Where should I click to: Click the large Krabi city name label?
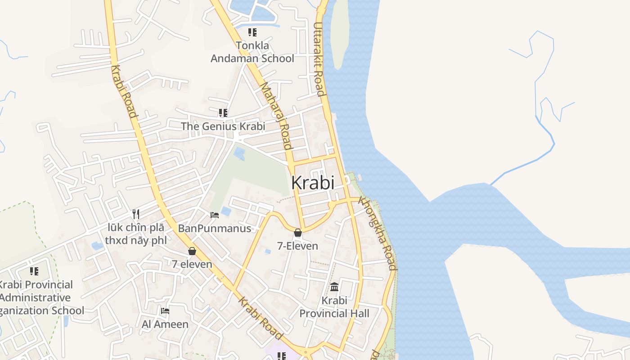[313, 183]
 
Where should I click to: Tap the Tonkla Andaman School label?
[252, 52]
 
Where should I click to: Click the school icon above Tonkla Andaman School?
[252, 32]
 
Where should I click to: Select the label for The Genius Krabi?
[223, 126]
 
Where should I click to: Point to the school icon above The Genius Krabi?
[223, 112]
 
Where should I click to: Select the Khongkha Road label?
[378, 233]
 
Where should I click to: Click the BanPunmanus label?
[214, 229]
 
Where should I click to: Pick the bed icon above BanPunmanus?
[215, 215]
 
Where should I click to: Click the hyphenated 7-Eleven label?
[297, 246]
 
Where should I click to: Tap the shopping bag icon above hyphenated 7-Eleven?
[297, 233]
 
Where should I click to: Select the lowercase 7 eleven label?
[192, 264]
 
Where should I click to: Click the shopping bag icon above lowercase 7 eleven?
[192, 251]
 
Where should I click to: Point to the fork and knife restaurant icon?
[136, 214]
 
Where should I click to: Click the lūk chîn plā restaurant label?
[135, 234]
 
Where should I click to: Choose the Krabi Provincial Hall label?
[334, 307]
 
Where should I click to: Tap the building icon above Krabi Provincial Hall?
[334, 287]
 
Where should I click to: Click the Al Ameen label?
[165, 324]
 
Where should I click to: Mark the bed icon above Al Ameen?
[165, 310]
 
